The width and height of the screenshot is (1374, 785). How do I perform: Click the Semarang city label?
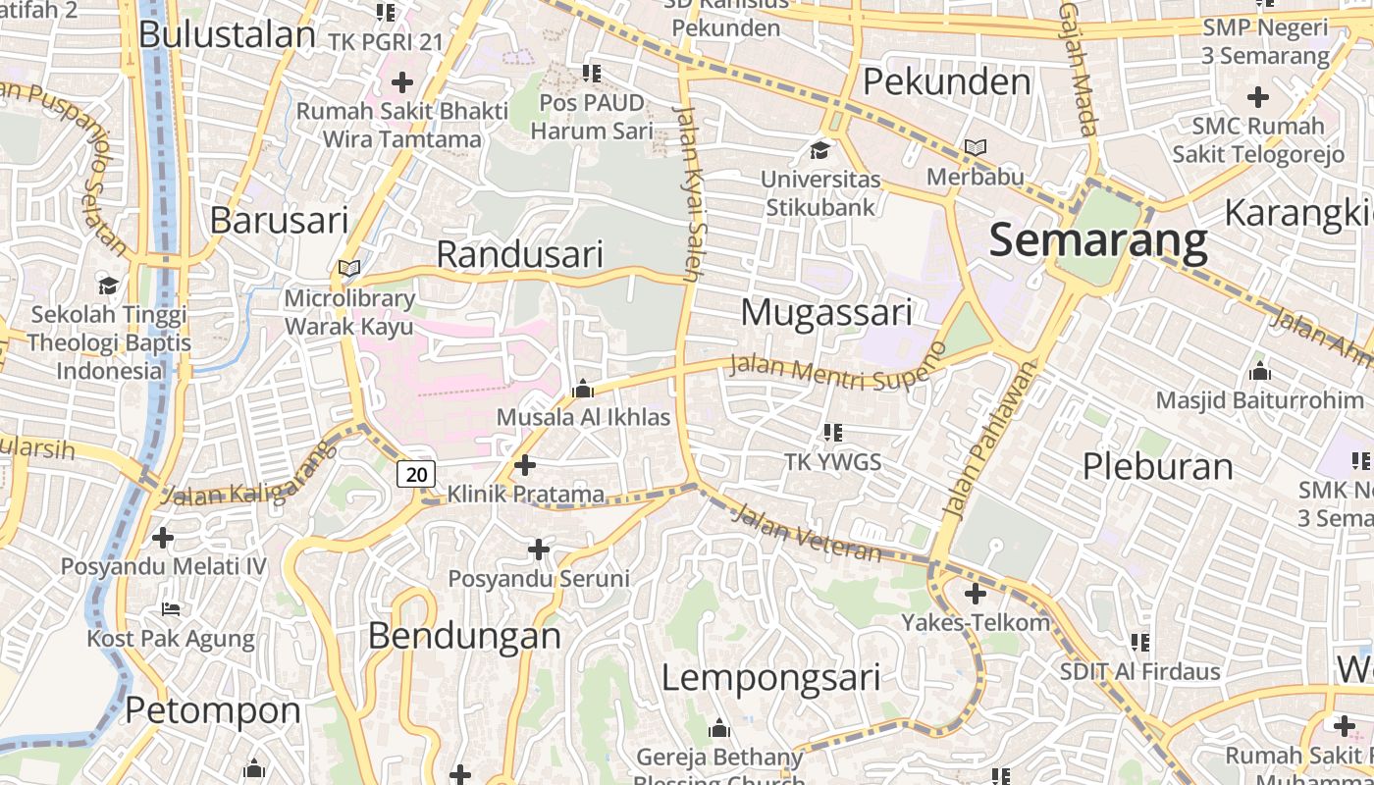tap(1098, 240)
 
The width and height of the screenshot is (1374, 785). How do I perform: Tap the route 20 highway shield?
tap(416, 475)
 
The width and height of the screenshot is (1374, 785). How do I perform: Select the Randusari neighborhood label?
tap(519, 254)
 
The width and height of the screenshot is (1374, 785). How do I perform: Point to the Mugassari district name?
tap(826, 313)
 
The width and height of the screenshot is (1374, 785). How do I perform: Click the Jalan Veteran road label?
tap(807, 533)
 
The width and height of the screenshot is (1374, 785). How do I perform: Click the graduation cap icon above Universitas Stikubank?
tap(819, 150)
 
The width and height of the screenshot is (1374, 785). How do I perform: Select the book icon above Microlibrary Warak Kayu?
tap(349, 268)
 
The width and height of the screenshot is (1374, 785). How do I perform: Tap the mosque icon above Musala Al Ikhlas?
tap(583, 390)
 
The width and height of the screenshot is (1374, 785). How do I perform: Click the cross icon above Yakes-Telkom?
tap(975, 594)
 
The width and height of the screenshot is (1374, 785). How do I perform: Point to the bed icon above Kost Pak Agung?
tap(171, 609)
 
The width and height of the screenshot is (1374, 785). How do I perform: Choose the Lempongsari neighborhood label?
tap(770, 678)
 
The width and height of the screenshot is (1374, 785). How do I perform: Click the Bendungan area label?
tap(464, 636)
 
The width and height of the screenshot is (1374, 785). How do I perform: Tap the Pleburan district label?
tap(1157, 466)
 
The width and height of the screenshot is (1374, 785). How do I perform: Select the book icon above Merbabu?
tap(975, 148)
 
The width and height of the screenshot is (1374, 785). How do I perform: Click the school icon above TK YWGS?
tap(833, 433)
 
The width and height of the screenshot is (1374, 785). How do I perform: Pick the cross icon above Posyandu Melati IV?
tap(163, 538)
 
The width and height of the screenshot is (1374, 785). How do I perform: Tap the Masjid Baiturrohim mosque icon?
tap(1260, 371)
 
